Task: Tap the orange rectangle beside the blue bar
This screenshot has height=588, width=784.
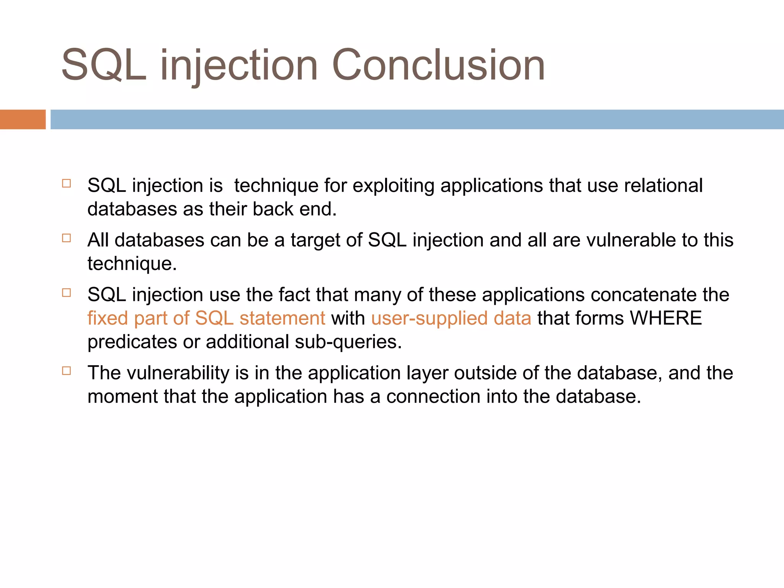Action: [23, 119]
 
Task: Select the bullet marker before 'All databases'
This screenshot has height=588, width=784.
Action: [67, 238]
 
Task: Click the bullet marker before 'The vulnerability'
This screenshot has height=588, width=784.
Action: [67, 371]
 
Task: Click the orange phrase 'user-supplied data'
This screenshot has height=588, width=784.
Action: [451, 318]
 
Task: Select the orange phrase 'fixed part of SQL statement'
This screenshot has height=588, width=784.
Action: [206, 318]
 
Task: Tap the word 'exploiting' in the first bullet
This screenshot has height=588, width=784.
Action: [393, 186]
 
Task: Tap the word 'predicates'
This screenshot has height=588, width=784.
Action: [132, 342]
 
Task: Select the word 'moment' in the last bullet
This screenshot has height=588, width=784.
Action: [123, 397]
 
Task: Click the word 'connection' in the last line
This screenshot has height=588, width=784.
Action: [433, 397]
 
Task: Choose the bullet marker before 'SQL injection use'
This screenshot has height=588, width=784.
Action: [67, 293]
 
